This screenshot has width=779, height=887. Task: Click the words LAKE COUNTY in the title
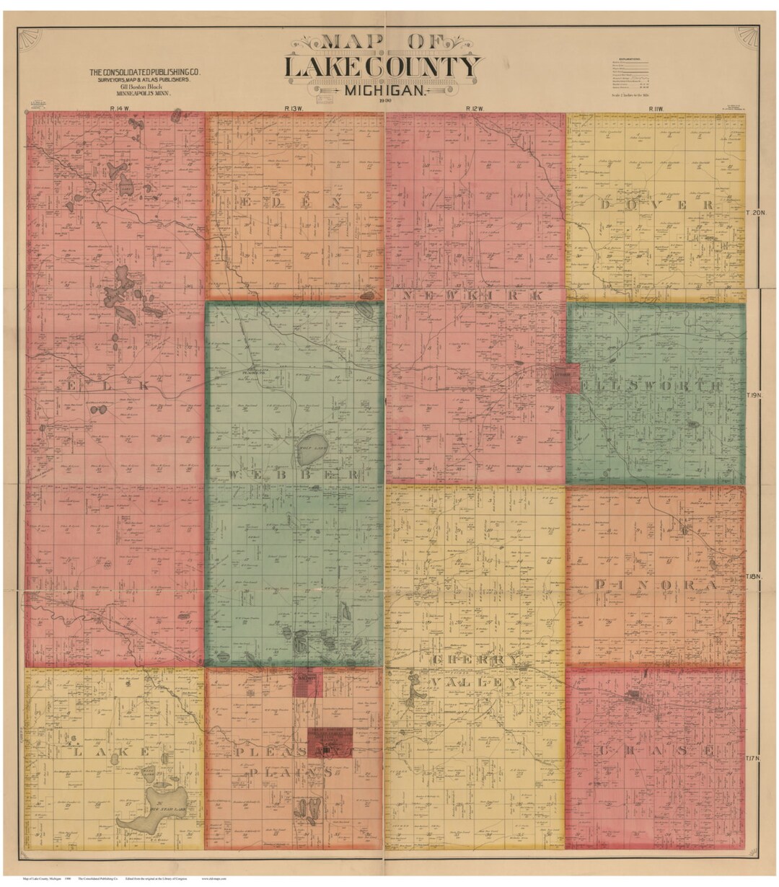tap(382, 67)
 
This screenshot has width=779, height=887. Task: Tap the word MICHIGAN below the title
tap(382, 91)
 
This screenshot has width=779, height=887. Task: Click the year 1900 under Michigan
tap(383, 102)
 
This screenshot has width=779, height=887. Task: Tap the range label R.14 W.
tap(106, 108)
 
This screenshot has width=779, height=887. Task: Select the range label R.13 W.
tap(292, 108)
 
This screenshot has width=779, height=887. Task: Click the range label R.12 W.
tap(473, 108)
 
